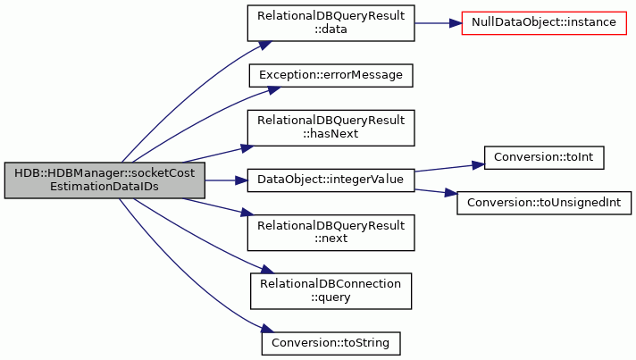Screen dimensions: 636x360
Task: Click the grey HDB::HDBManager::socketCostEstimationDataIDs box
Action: (x=105, y=180)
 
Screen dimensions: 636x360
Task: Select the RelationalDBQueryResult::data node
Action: (x=331, y=23)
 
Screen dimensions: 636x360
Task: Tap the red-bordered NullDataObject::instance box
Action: (x=544, y=23)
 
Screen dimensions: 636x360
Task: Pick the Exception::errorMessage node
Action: (x=331, y=75)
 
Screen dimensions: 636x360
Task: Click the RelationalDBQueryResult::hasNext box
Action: (x=331, y=128)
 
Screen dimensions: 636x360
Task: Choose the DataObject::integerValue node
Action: (x=331, y=180)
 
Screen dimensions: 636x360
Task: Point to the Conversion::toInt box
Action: (x=544, y=158)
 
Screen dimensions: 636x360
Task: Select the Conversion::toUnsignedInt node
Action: (x=544, y=203)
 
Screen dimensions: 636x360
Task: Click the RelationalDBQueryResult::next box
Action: (x=331, y=232)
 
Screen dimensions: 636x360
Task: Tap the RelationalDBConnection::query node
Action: (x=331, y=291)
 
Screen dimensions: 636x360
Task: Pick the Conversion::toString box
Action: (x=331, y=343)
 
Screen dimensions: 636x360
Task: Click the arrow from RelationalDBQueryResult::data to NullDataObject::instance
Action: (x=438, y=23)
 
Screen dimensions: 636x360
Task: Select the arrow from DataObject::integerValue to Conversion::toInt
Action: (x=449, y=168)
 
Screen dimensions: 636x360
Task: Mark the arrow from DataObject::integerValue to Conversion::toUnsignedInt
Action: (x=436, y=192)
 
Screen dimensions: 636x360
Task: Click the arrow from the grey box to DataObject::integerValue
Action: (x=226, y=180)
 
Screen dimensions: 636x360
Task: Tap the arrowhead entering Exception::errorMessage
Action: (x=274, y=90)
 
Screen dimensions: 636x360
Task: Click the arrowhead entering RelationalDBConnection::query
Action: (x=267, y=270)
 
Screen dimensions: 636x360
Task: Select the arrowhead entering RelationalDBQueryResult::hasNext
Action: (x=247, y=148)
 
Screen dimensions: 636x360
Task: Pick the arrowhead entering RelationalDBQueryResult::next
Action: (x=247, y=213)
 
